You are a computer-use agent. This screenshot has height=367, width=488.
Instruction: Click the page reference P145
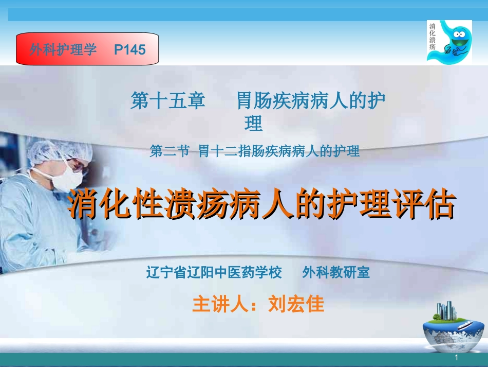click(130, 49)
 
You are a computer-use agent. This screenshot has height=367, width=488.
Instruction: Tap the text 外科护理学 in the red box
click(63, 49)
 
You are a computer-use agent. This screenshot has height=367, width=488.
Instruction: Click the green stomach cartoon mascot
click(455, 41)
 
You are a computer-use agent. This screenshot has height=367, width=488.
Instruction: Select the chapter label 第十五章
click(168, 100)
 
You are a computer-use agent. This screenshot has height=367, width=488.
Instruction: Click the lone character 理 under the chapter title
click(254, 124)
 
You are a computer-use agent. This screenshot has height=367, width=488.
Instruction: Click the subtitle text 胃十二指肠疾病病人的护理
click(279, 151)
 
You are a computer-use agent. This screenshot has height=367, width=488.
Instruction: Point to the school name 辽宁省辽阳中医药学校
click(214, 272)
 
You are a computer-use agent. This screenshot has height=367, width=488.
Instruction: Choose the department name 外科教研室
click(336, 272)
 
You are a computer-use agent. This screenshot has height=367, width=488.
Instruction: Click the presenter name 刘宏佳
click(296, 304)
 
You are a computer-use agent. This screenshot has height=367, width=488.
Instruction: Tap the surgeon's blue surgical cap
click(59, 149)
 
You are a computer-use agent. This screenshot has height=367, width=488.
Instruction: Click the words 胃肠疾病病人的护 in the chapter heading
click(311, 100)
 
